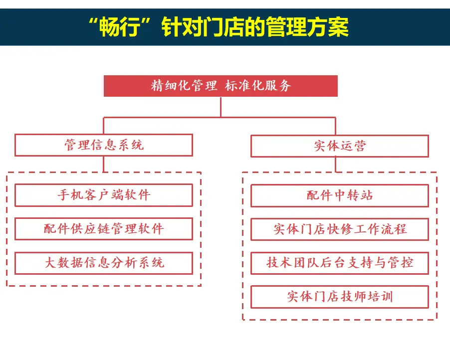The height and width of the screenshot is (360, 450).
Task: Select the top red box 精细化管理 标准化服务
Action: pos(221,86)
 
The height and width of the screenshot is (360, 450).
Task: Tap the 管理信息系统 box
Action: pos(104,145)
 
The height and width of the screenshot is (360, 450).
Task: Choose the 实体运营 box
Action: pos(339,146)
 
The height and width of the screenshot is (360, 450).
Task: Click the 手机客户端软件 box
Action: pos(104,195)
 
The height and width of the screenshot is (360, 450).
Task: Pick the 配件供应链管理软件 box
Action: pos(104,229)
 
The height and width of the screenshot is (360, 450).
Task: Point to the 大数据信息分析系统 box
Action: pos(104,263)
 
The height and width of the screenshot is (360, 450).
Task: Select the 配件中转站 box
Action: pos(339,195)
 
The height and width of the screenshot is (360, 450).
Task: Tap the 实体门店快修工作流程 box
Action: pos(339,229)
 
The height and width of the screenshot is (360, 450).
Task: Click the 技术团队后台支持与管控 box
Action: pos(339,263)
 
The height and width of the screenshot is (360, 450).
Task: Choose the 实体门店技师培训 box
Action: pos(339,297)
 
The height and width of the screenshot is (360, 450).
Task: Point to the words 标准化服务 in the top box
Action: pos(258,86)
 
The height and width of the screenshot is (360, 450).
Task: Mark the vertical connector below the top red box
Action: pos(221,107)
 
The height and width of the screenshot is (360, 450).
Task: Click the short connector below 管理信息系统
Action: pos(103,164)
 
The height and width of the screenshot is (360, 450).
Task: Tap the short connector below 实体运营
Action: pos(335,165)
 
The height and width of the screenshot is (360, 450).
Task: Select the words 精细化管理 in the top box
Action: pos(184,86)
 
